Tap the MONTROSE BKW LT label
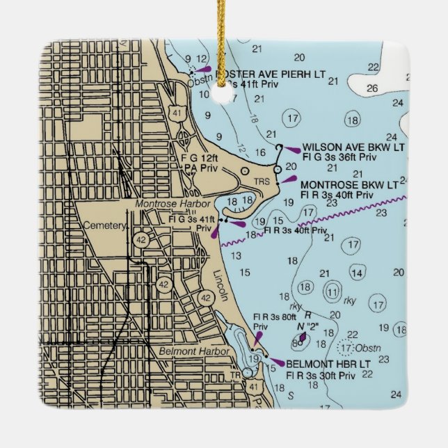pyautogui.click(x=349, y=185)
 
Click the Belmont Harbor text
pyautogui.click(x=194, y=352)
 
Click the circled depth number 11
pyautogui.click(x=334, y=291)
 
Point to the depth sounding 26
pyautogui.click(x=372, y=88)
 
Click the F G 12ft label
pyautogui.click(x=196, y=159)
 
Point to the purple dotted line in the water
pyautogui.click(x=313, y=221)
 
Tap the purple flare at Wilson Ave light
pyautogui.click(x=291, y=149)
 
